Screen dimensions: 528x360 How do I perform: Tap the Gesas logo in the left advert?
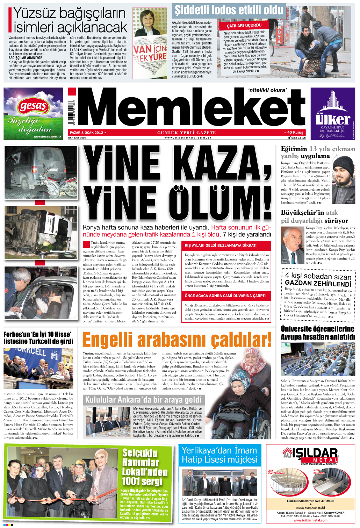(33, 106)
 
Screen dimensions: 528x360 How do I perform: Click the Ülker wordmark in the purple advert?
(333, 119)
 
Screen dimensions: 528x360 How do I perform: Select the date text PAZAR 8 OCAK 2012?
(86, 133)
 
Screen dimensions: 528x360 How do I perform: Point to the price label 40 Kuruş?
(295, 133)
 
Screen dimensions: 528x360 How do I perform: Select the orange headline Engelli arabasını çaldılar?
(177, 340)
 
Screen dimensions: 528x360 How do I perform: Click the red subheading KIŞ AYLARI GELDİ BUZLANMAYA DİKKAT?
(221, 245)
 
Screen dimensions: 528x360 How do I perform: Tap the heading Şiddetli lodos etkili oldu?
(229, 10)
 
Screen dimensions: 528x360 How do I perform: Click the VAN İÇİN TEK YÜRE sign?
(150, 53)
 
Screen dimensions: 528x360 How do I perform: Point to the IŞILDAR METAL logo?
(310, 456)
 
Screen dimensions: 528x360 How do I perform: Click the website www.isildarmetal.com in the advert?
(310, 520)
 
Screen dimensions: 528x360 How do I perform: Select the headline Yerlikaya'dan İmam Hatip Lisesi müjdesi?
(219, 455)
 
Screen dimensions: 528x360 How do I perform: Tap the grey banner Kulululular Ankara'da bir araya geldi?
(143, 400)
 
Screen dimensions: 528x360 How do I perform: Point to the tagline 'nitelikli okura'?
(267, 90)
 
